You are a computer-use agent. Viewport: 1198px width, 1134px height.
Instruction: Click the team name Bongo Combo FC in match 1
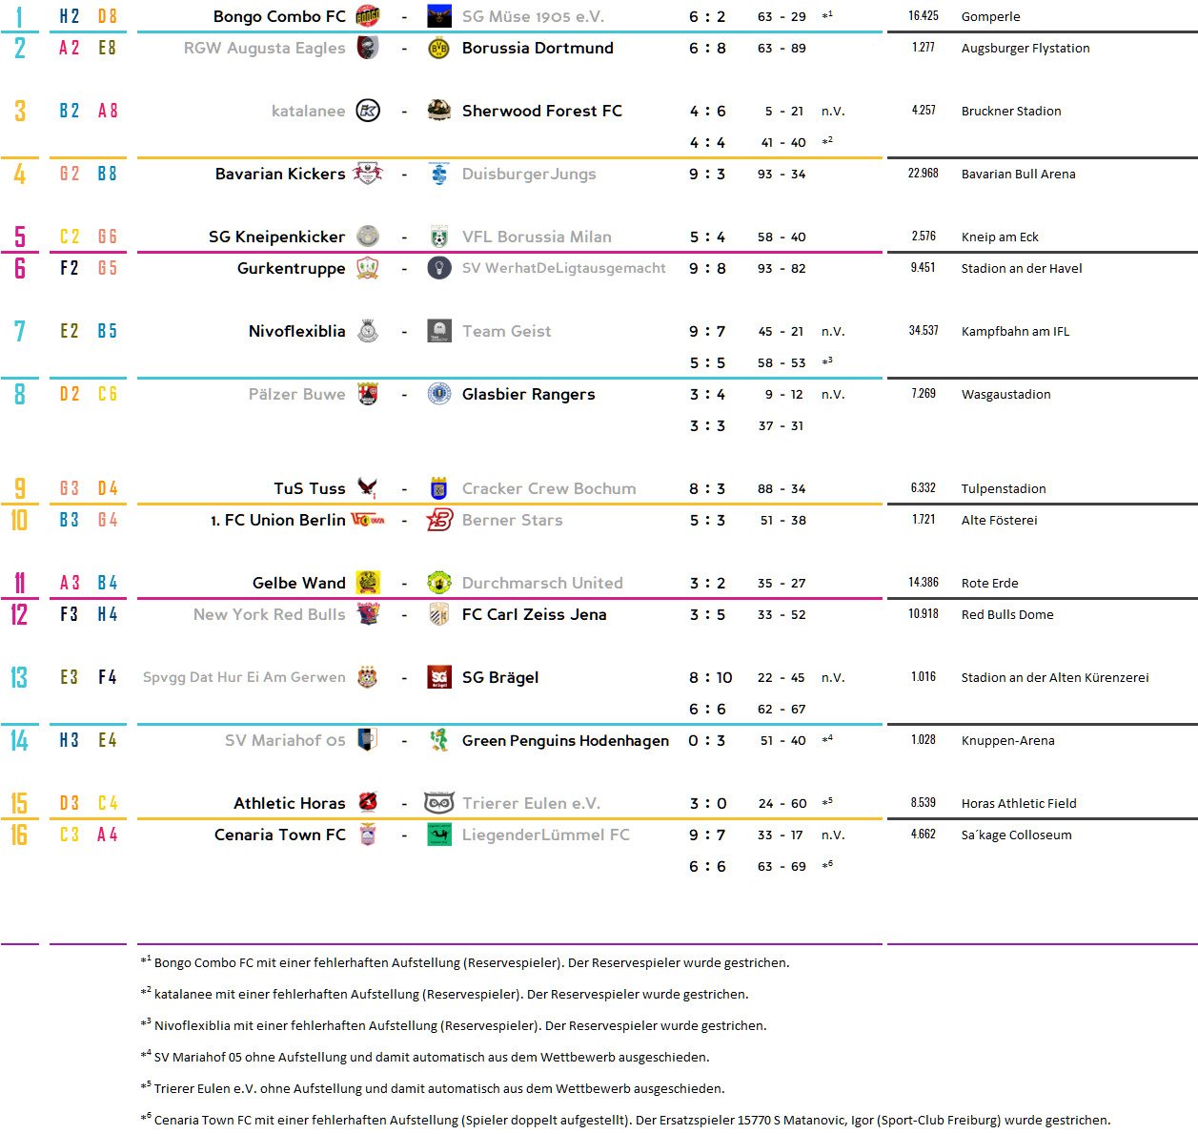point(279,16)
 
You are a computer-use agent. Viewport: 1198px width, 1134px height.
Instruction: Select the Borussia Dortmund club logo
point(438,48)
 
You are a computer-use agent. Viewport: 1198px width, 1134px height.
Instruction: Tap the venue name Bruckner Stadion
point(1010,111)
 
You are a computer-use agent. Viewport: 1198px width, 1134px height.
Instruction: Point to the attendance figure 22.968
point(923,174)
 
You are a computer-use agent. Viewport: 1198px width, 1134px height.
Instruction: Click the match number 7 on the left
point(20,331)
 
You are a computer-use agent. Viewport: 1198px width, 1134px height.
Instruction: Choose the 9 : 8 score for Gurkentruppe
point(707,268)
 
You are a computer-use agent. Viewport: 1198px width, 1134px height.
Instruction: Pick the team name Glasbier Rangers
point(528,394)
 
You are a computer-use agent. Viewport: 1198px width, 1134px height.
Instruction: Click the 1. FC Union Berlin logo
point(368,520)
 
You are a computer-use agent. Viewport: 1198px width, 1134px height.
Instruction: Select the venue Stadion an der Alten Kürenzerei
point(1054,677)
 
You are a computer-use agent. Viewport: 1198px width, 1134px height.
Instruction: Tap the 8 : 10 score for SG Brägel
point(710,677)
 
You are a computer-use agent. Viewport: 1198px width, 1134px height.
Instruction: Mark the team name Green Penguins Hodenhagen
point(565,740)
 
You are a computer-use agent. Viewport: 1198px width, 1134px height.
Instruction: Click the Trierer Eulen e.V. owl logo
point(438,803)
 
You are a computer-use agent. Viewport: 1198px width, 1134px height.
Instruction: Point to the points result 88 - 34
point(782,488)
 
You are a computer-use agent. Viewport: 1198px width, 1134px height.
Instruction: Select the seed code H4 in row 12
point(108,614)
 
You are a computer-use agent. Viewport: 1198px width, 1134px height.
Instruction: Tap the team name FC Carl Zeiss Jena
point(534,614)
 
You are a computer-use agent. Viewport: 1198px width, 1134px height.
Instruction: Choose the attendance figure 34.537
point(923,331)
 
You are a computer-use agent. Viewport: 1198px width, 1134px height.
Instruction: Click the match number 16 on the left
point(19,835)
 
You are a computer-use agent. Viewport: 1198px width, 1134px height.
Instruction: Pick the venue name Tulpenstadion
point(1003,488)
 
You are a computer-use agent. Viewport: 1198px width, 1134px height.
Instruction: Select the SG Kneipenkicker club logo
point(368,237)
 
